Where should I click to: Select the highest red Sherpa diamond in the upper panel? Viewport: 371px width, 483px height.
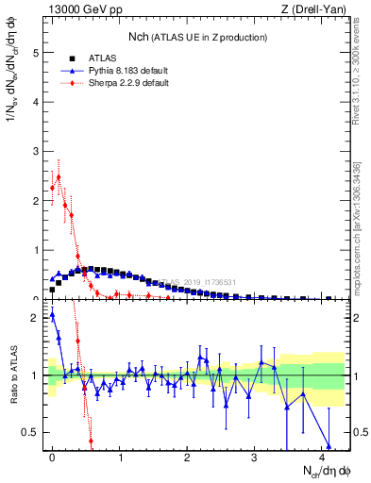59,176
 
